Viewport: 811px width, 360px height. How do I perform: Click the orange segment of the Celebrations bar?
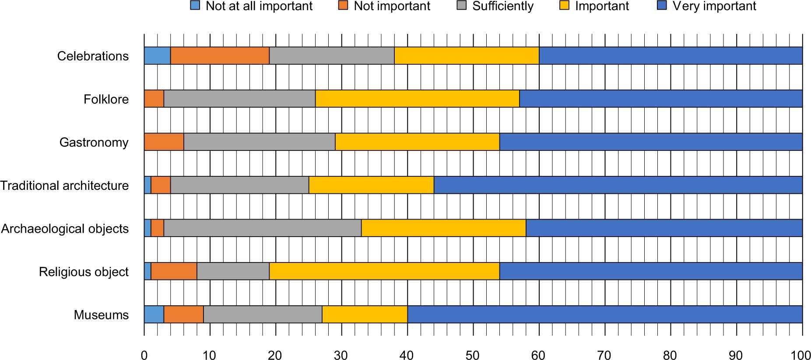tap(220, 56)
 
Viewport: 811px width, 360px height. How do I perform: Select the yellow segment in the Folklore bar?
tap(417, 99)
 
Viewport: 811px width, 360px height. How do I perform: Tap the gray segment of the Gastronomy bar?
tap(259, 142)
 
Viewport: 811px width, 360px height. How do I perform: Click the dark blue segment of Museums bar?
tap(604, 315)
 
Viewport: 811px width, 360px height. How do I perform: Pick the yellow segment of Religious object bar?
tap(385, 272)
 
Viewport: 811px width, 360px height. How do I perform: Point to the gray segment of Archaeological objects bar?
tap(263, 228)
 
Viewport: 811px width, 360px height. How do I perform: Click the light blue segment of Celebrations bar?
tap(157, 56)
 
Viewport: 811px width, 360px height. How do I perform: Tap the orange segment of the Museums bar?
tap(183, 315)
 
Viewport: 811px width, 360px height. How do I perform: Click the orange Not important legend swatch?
tap(344, 6)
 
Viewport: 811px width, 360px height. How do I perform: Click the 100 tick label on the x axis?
tap(802, 354)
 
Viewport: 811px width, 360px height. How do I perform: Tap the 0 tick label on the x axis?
tap(144, 354)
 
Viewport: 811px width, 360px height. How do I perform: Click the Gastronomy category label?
tap(94, 143)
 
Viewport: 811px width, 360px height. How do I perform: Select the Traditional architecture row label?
tap(64, 186)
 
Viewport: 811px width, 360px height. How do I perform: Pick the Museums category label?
tap(101, 315)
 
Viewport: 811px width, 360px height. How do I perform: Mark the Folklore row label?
tap(106, 99)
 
